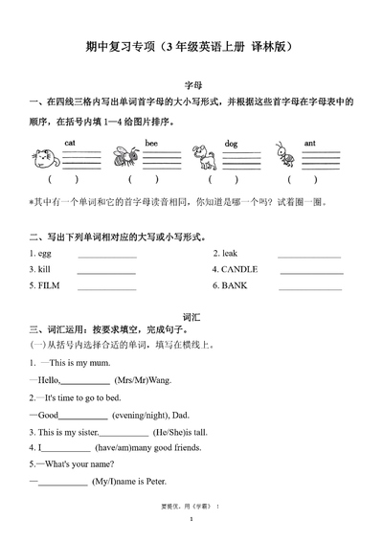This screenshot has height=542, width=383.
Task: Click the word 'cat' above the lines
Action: pos(70,143)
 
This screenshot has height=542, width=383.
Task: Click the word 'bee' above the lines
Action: pos(150,143)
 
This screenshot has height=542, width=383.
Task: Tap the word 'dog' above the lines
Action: pos(231,143)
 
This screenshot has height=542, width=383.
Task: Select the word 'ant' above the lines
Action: pos(310,143)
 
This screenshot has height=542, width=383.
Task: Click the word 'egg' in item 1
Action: pos(45,254)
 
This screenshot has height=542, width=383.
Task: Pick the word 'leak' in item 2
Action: pos(229,254)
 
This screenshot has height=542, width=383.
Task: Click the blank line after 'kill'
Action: pos(105,273)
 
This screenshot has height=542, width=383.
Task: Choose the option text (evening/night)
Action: pos(140,415)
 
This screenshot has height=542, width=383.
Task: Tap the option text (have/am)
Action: pos(116,448)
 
